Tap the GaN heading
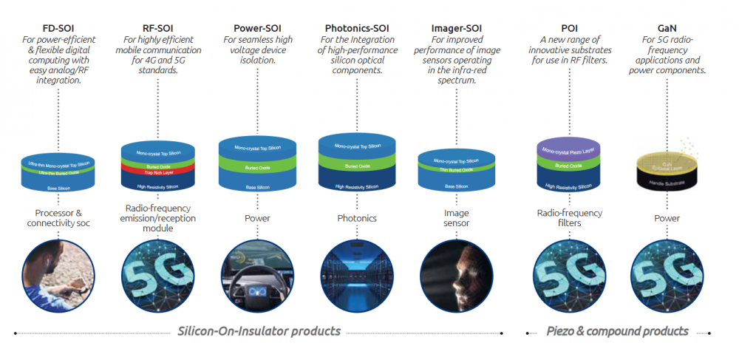(667, 28)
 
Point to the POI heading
(569, 28)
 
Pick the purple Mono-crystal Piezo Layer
(569, 151)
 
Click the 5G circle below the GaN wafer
(667, 272)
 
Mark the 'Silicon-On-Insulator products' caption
(259, 330)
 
